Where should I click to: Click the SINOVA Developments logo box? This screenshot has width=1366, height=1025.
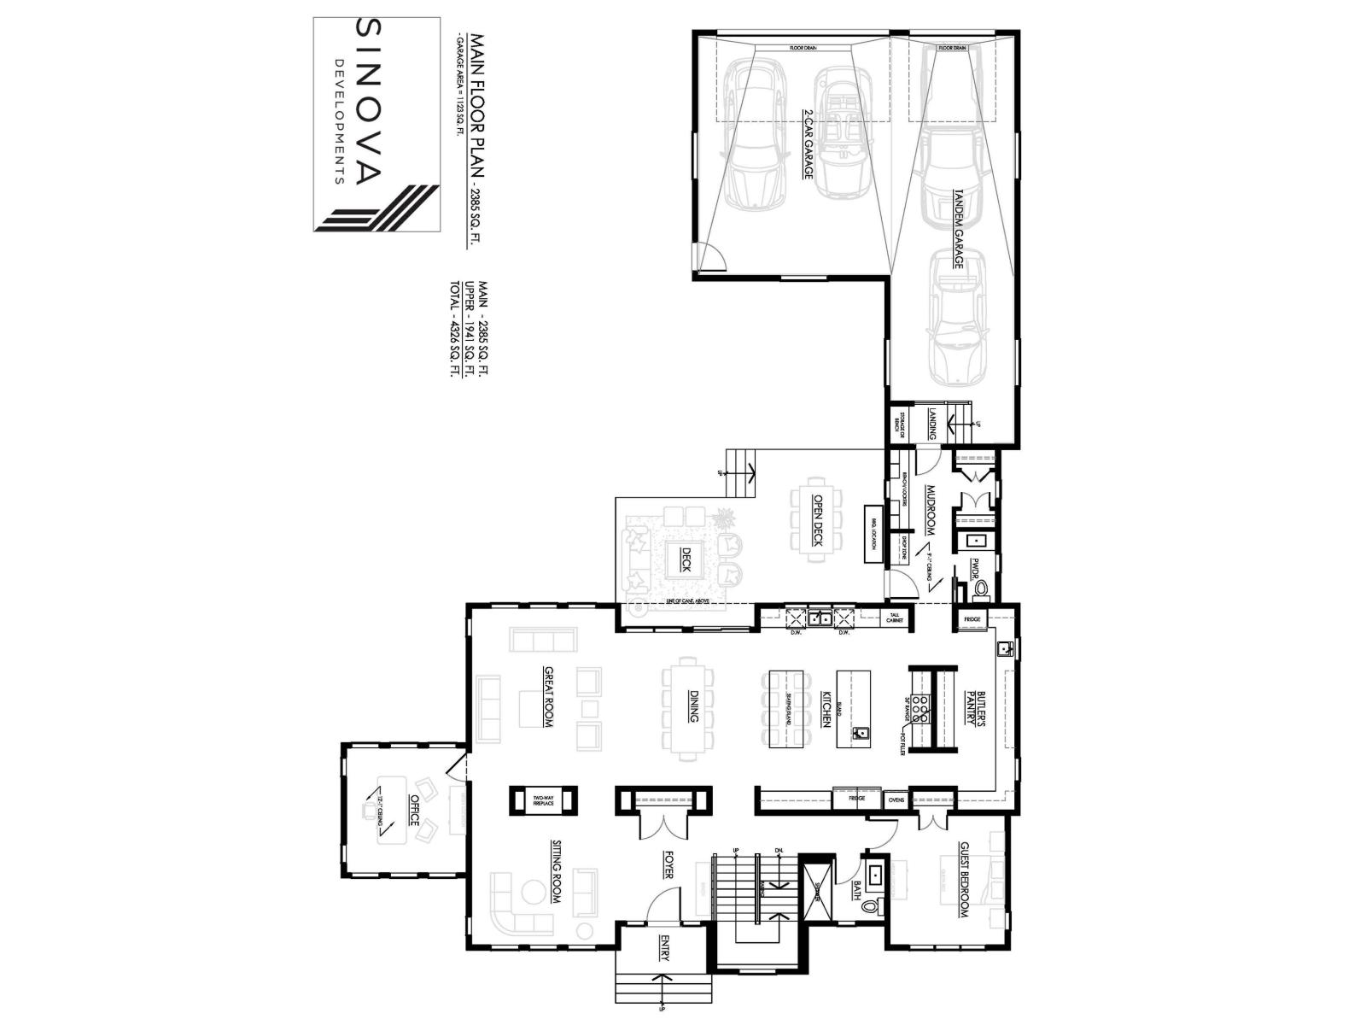[x=376, y=125]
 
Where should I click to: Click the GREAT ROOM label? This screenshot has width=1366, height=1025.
[x=548, y=696]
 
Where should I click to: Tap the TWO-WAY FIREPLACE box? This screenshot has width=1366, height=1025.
[x=543, y=800]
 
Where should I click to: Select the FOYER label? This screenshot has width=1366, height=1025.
[x=667, y=863]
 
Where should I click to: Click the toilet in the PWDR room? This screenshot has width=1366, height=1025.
[x=983, y=589]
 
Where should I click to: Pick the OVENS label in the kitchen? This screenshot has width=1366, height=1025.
[x=896, y=799]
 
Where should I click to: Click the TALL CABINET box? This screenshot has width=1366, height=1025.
[x=894, y=618]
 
